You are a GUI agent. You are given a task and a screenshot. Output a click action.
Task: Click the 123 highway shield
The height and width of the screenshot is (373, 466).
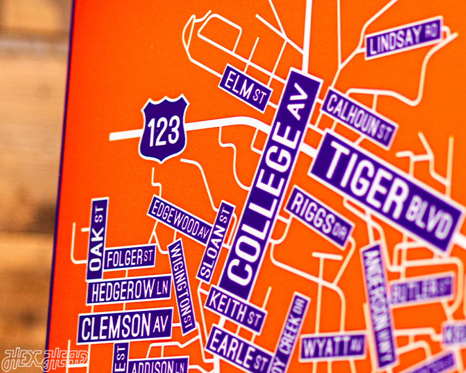(163, 128)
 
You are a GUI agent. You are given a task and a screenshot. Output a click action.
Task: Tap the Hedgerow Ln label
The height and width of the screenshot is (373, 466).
(128, 290)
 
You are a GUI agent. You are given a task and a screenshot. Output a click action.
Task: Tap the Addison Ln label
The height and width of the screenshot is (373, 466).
(157, 366)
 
